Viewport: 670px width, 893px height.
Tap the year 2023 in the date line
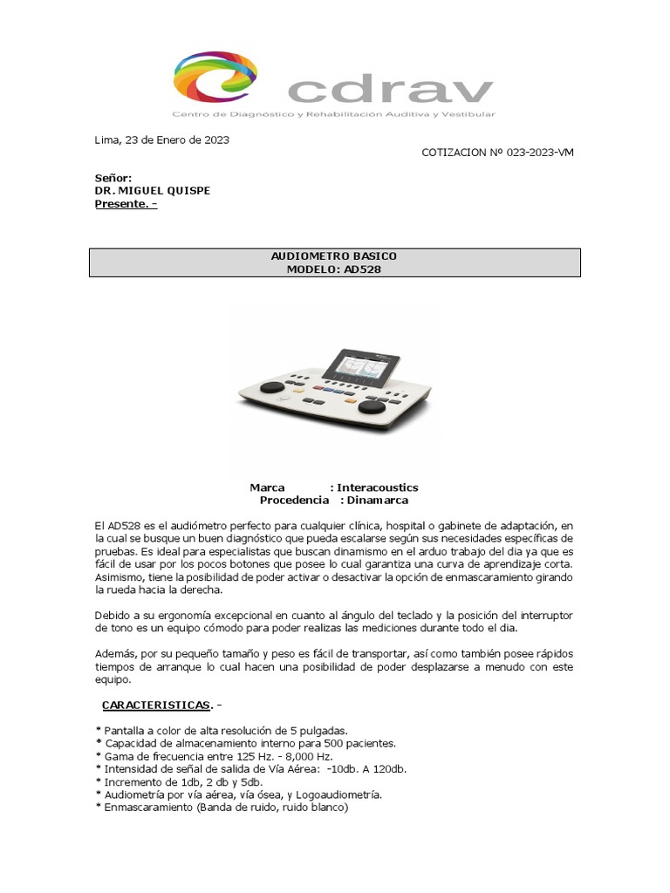[x=216, y=140]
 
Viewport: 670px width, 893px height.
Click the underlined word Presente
[x=120, y=205]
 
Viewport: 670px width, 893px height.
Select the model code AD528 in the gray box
[x=362, y=269]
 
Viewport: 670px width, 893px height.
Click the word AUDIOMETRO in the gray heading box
[x=304, y=256]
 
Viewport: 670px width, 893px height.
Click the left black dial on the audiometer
[x=273, y=387]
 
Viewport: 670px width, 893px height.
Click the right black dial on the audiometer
[x=373, y=406]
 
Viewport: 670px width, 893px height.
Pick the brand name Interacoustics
[x=378, y=487]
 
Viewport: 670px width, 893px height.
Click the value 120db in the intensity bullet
[x=388, y=769]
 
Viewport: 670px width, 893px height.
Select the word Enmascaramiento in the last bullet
[x=148, y=808]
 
